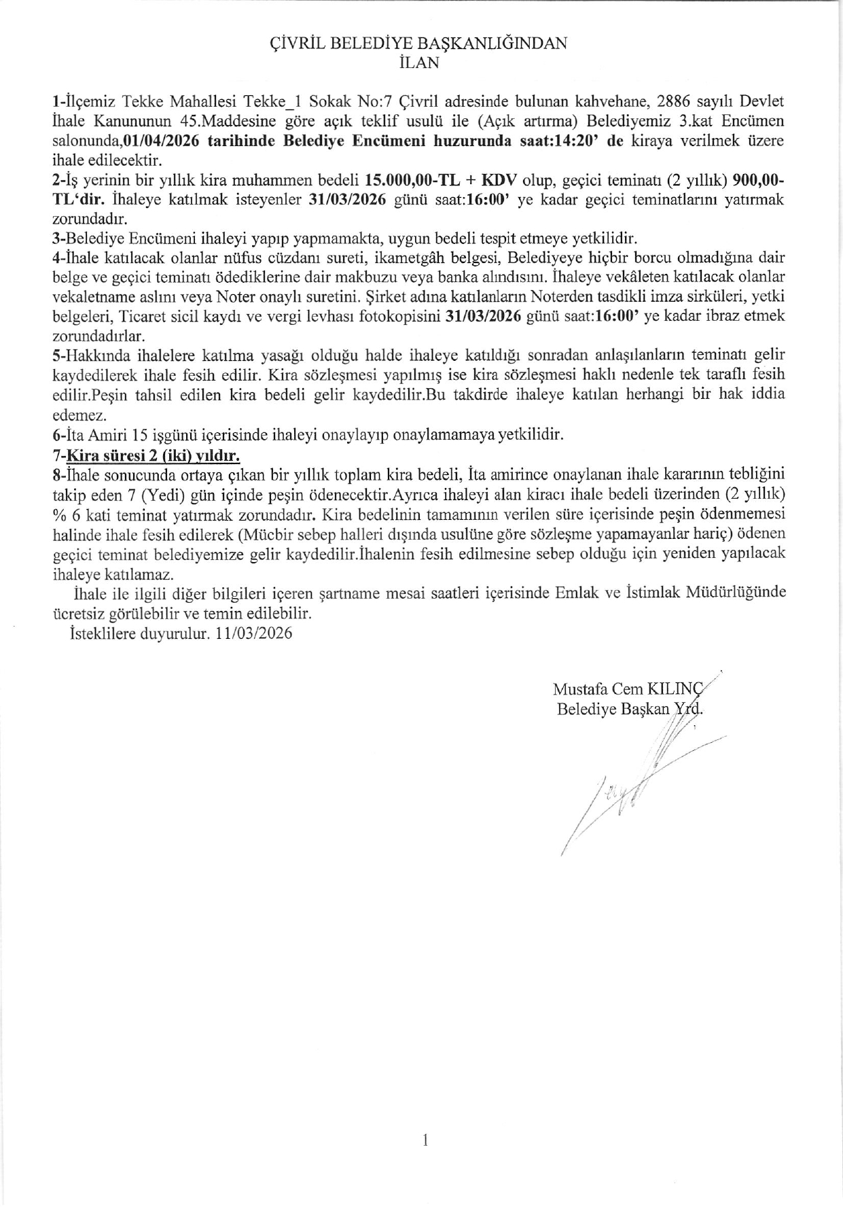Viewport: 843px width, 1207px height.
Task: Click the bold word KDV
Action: click(500, 181)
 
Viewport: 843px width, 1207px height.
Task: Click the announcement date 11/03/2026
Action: click(252, 633)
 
